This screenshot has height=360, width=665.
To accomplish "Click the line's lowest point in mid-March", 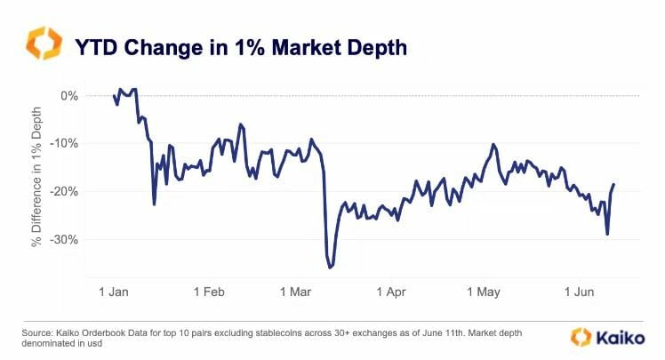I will (331, 267).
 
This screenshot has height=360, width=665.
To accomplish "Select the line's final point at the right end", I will (614, 184).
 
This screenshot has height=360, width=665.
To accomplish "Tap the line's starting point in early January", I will (114, 96).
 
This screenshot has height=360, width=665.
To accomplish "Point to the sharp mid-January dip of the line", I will (154, 204).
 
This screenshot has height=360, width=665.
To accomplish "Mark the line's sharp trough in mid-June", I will (607, 234).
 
